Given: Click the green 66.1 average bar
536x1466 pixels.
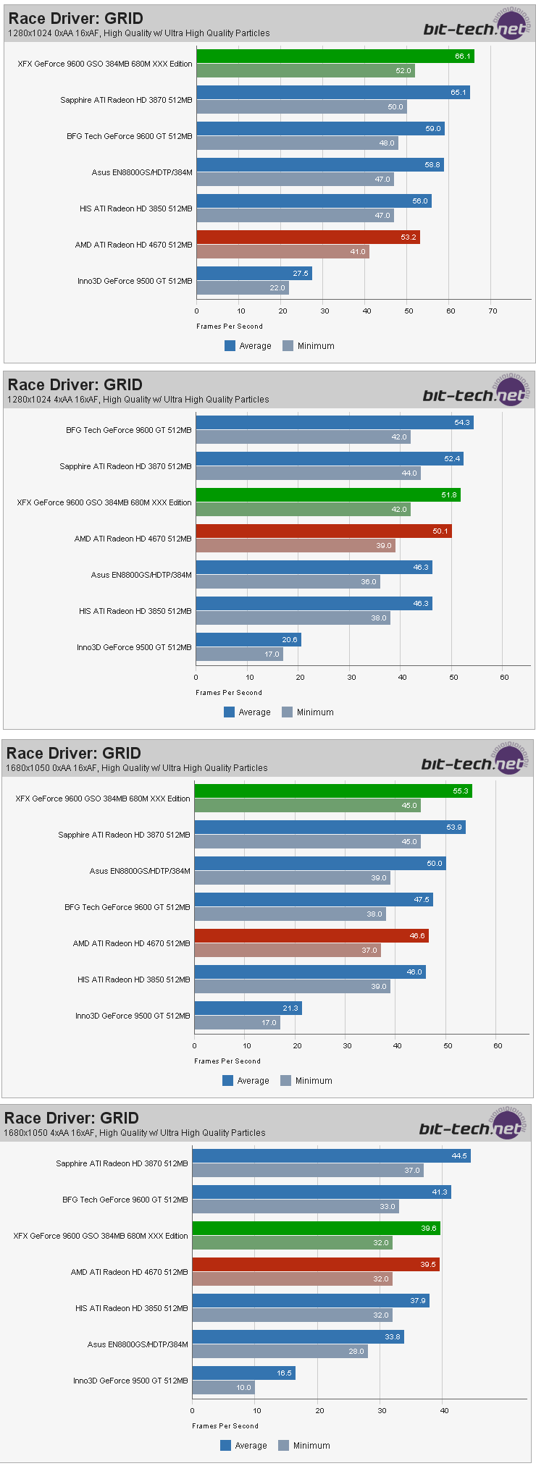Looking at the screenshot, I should coord(335,56).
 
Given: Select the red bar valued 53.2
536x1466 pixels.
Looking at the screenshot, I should coord(308,237).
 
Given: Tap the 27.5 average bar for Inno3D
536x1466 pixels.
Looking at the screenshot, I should coord(254,274).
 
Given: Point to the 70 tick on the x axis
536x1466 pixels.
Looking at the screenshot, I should coord(493,311).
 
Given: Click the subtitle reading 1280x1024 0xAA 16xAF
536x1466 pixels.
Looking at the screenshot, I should coord(138,33).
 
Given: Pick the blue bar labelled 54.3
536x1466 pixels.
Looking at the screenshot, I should coord(334,423).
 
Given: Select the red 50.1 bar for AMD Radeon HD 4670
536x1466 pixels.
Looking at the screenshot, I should coord(323,531).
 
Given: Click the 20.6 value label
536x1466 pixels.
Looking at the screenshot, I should coord(290,640).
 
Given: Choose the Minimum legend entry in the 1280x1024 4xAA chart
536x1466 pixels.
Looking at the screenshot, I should coord(308,712).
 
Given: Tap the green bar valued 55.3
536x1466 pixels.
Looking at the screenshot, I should coord(332,791).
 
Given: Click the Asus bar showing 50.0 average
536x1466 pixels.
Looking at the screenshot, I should coord(319,864).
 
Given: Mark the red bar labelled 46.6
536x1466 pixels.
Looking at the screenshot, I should coord(311,936).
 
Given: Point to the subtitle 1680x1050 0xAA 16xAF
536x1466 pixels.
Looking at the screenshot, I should coord(136,768).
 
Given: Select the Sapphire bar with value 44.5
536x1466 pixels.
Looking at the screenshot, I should coord(331,1156).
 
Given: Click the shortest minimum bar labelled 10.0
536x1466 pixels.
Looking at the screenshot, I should coord(223,1388).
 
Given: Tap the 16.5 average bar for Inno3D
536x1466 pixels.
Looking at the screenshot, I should coord(243,1373).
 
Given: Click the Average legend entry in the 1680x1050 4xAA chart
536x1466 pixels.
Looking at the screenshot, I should coord(243,1446).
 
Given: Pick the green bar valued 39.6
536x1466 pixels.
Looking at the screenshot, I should coord(316,1229).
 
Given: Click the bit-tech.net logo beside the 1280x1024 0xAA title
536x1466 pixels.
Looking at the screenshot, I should coord(475,28).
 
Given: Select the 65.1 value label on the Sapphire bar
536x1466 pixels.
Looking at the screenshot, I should coord(458,93).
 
